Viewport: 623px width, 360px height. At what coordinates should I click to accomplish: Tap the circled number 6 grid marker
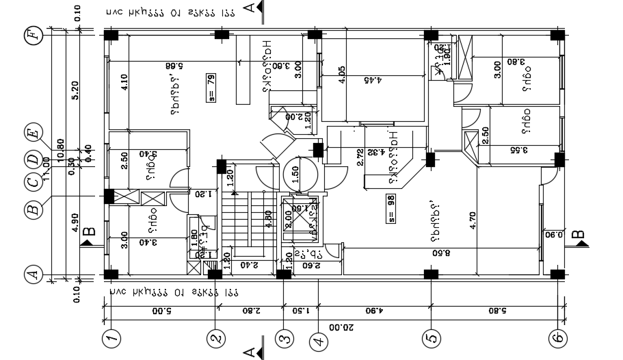[559, 337]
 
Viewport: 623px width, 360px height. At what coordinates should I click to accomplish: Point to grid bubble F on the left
[32, 36]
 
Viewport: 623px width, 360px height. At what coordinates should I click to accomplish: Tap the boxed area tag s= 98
[391, 207]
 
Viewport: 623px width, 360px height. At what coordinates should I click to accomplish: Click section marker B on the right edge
[578, 237]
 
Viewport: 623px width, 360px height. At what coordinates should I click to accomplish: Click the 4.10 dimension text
[124, 82]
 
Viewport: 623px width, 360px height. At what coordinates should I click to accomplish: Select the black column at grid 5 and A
[431, 274]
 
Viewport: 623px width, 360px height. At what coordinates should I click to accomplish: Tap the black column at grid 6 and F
[559, 35]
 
